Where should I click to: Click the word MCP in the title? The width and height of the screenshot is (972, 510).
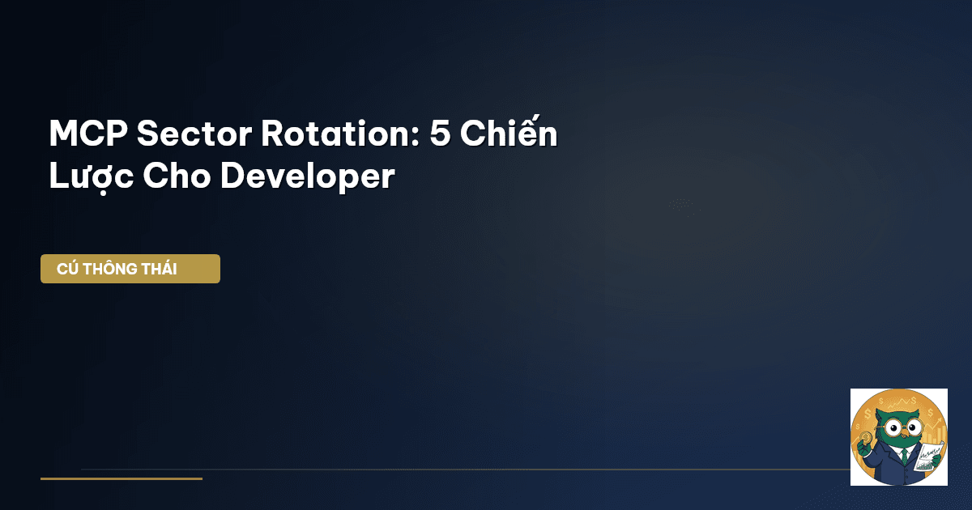click(88, 134)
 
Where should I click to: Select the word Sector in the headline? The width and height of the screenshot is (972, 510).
click(194, 134)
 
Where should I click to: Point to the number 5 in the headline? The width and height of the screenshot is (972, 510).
click(440, 134)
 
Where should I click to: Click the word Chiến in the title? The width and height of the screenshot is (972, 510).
click(509, 131)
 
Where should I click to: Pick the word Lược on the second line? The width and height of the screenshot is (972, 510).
click(91, 177)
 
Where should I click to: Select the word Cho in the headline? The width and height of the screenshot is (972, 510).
click(177, 176)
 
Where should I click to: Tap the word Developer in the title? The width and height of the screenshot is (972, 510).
click(308, 177)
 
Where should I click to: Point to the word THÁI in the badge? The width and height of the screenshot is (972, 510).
click(160, 268)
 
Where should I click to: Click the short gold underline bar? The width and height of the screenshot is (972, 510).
click(122, 478)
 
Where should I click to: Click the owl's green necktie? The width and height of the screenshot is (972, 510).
click(904, 457)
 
